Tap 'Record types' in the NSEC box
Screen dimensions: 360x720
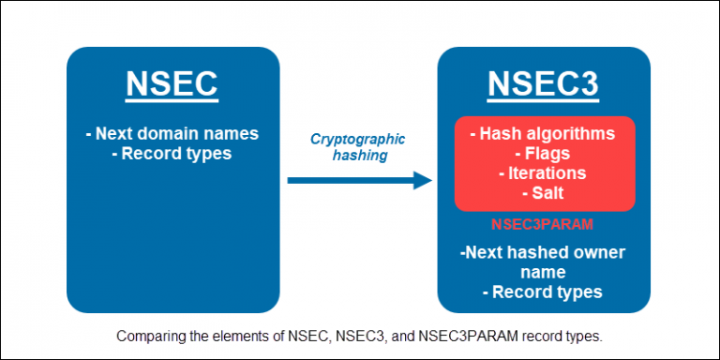177,153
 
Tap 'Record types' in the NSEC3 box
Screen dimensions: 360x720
543,292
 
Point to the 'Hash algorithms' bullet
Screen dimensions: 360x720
545,133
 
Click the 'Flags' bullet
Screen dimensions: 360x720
545,153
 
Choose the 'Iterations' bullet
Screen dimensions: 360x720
545,172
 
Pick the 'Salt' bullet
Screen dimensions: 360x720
545,192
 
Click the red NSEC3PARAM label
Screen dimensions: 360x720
544,226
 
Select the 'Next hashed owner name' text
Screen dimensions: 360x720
544,262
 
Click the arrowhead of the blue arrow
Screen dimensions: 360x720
421,179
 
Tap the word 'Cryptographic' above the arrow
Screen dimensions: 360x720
358,139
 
